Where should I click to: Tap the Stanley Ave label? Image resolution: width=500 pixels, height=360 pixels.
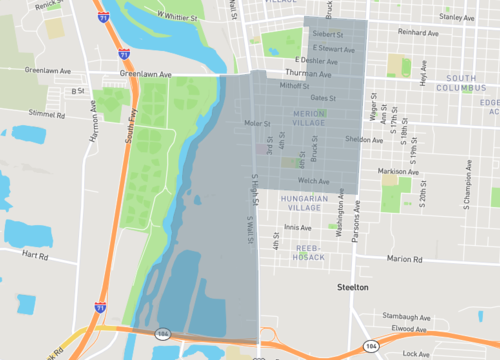(456, 17)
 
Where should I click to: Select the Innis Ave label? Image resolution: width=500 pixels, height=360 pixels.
(298, 227)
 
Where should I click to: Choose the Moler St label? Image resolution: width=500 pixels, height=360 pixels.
(258, 124)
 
